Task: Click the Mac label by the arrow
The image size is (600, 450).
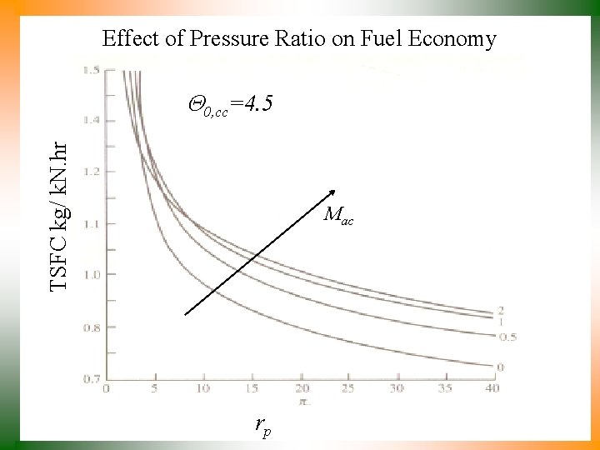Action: click(x=339, y=216)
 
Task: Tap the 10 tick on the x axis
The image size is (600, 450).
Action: click(x=202, y=388)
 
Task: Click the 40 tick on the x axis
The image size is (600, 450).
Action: click(x=492, y=388)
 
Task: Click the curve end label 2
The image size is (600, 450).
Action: click(x=501, y=311)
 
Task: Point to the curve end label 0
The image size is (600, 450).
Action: click(x=500, y=367)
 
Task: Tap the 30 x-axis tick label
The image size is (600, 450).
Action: click(x=396, y=388)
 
